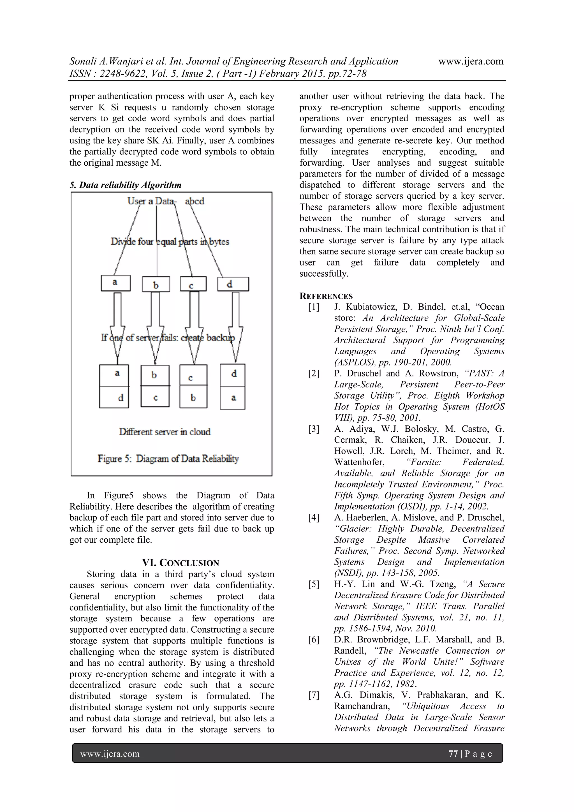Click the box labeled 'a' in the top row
click(116, 283)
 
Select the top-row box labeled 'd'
click(233, 284)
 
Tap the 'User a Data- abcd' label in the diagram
click(166, 201)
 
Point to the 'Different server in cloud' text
click(165, 432)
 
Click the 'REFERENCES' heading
click(326, 296)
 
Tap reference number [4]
click(313, 518)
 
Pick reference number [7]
click(313, 695)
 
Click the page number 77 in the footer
click(453, 754)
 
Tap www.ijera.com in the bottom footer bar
click(110, 754)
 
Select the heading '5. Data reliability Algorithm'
click(126, 185)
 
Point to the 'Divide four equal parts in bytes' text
click(170, 242)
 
